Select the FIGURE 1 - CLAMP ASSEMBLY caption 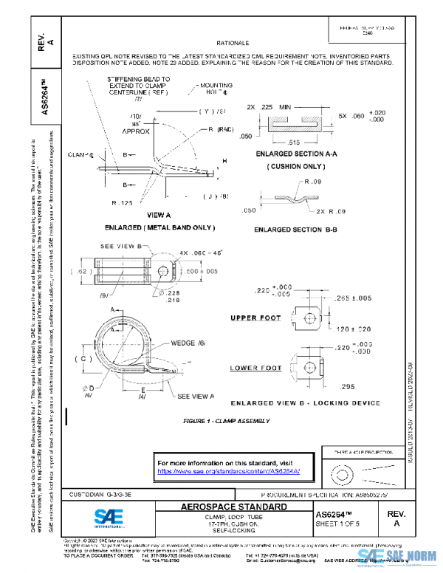(x=227, y=421)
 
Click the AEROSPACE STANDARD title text (x=233, y=507)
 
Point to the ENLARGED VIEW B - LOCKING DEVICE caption (x=306, y=403)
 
